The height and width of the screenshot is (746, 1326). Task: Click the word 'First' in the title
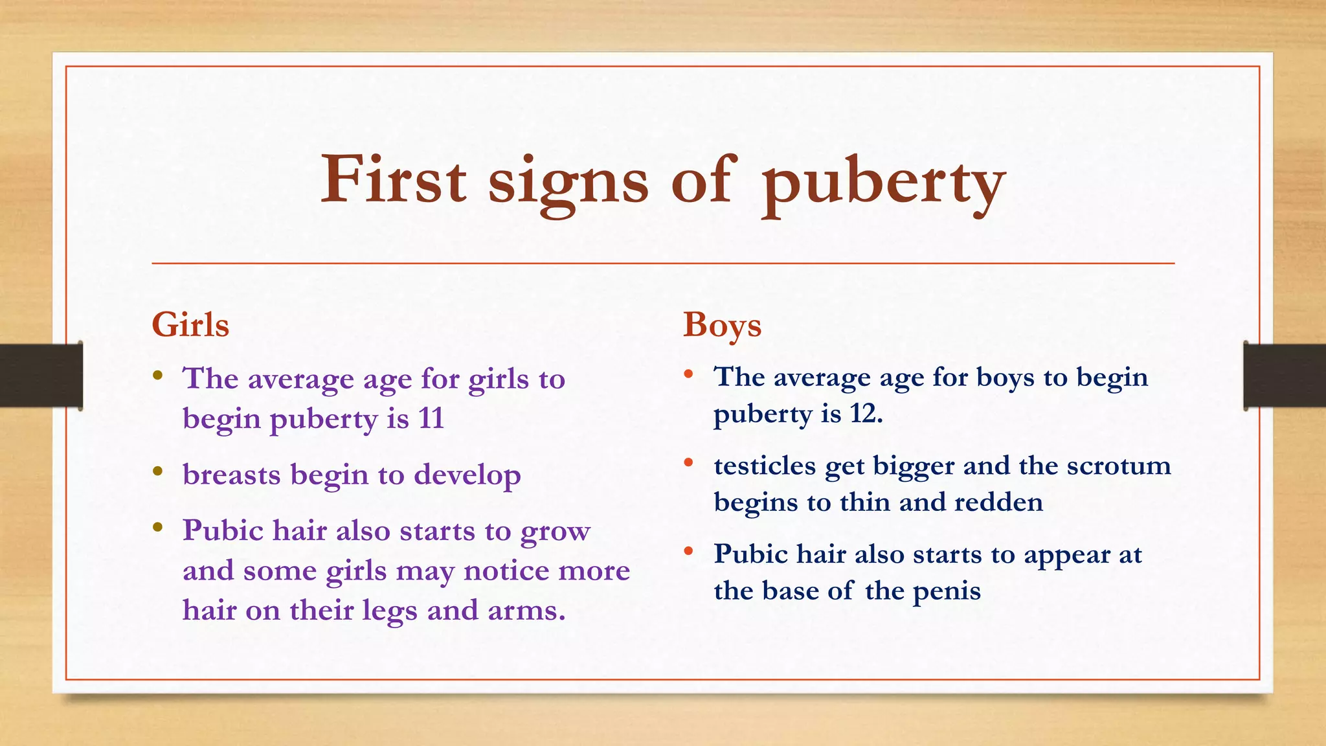click(393, 179)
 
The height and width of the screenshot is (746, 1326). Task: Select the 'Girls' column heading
click(190, 324)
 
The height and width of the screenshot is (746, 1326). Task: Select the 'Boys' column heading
click(722, 325)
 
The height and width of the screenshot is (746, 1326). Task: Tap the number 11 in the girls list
click(431, 418)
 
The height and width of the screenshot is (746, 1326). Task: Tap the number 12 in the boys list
click(866, 413)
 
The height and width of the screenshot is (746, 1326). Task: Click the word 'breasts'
click(231, 474)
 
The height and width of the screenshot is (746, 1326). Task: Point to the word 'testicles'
click(764, 466)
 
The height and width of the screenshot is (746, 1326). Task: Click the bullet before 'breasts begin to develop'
click(158, 471)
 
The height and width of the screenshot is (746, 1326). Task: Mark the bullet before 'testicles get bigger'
click(689, 462)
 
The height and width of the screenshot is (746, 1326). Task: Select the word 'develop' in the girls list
click(467, 475)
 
